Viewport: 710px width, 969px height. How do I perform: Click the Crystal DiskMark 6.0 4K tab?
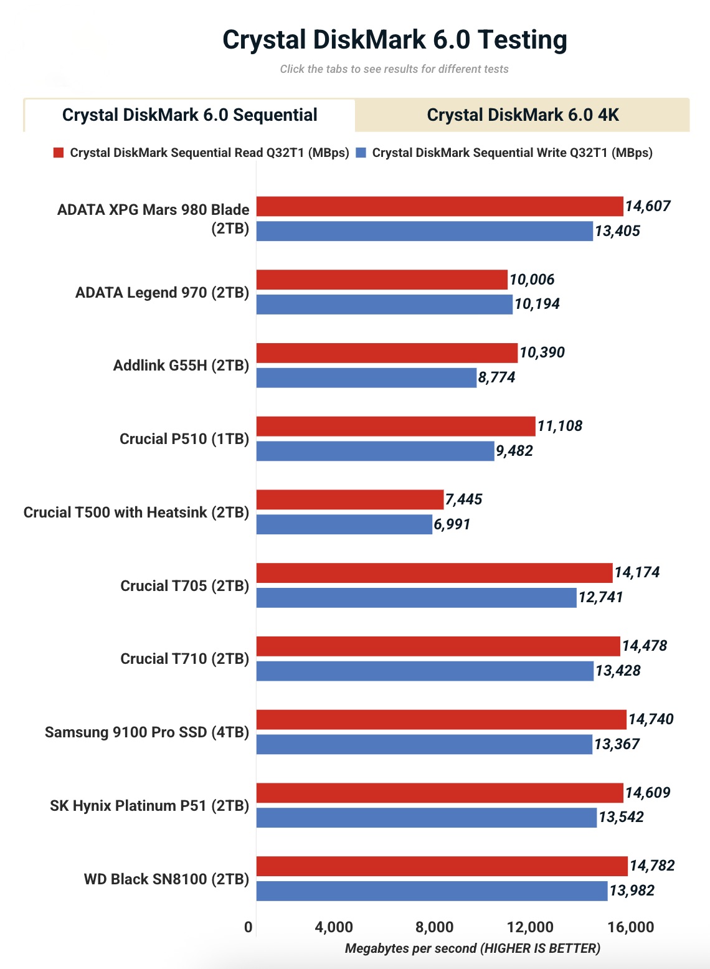(x=523, y=115)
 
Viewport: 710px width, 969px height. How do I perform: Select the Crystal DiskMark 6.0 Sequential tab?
(x=189, y=115)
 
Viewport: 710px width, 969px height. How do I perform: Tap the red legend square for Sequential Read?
(x=59, y=153)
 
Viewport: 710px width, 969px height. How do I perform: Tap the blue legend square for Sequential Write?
(x=361, y=153)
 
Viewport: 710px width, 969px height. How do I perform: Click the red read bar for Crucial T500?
(x=349, y=499)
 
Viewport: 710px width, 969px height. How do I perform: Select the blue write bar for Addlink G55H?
(x=366, y=377)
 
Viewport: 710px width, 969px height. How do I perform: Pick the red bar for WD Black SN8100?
(x=442, y=866)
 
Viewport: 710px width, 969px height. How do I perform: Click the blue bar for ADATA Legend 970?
(x=384, y=305)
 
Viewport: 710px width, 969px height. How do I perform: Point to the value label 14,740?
(x=651, y=719)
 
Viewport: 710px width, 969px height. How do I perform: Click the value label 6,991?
(x=452, y=524)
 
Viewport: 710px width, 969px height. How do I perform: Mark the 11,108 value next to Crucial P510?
(x=560, y=426)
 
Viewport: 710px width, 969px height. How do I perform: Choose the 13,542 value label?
(x=621, y=817)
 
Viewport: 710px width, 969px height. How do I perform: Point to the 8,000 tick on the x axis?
(x=434, y=927)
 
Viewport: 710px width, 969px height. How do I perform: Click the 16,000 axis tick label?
(x=631, y=927)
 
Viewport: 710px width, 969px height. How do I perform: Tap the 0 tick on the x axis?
(x=249, y=927)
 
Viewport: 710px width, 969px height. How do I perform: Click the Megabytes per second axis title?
(x=472, y=948)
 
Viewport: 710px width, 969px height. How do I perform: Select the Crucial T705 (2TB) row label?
(x=184, y=586)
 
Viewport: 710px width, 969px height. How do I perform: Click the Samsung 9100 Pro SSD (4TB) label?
(x=146, y=732)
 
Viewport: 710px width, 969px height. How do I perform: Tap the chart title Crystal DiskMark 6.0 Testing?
(x=395, y=40)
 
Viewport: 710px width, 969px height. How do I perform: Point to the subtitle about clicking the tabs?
(x=394, y=69)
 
